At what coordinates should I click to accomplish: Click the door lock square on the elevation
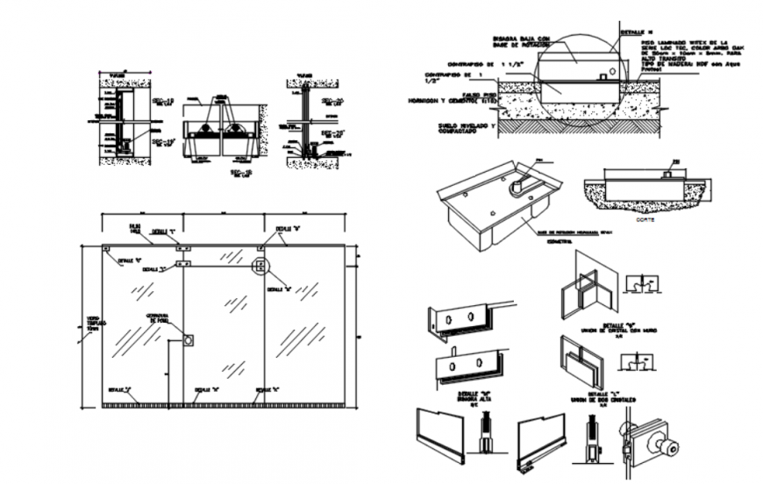pos(188,339)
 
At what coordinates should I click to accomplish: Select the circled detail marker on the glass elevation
pos(260,267)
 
